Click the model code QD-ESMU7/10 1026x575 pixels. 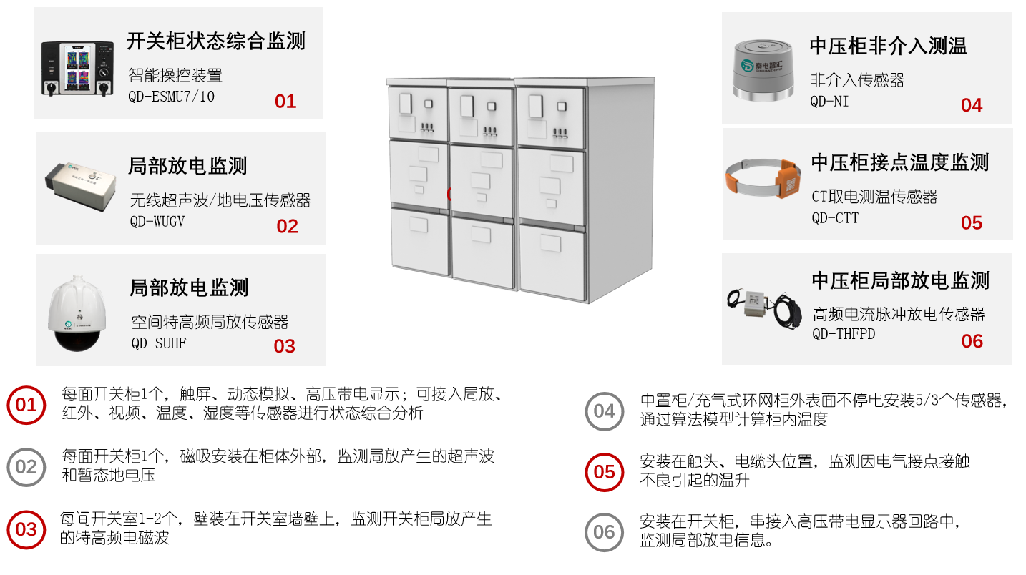[x=171, y=97]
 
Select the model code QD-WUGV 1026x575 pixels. [x=157, y=222]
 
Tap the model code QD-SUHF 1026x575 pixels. [x=159, y=343]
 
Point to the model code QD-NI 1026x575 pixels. [x=829, y=101]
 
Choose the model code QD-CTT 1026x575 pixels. [x=835, y=218]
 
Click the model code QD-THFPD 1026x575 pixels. [x=844, y=334]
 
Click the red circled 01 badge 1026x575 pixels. [x=26, y=406]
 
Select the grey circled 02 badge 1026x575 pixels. [x=26, y=467]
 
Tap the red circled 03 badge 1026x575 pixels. [x=26, y=530]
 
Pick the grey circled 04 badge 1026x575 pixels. [x=604, y=411]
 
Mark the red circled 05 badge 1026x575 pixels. [x=604, y=472]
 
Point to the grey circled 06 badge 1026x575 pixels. [x=604, y=532]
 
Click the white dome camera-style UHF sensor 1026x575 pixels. [x=77, y=313]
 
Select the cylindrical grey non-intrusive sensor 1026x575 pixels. [x=763, y=70]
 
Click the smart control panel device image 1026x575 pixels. [x=77, y=69]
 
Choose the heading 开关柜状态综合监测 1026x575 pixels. [x=216, y=41]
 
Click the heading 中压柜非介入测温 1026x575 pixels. [x=888, y=46]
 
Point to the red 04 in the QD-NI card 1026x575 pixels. [x=972, y=105]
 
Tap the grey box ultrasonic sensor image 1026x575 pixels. [x=81, y=185]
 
